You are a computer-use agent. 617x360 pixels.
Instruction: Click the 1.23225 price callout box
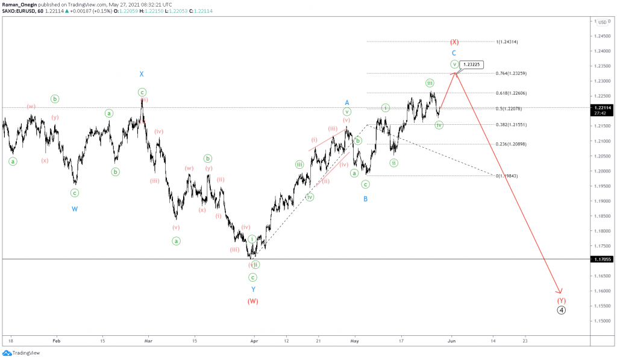tap(472, 64)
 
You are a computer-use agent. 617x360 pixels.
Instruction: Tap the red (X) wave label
tap(454, 42)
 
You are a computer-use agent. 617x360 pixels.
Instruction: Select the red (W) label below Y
tap(252, 301)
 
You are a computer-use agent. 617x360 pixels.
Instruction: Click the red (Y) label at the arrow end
tap(561, 300)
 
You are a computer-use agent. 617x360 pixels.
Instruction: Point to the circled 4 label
tap(561, 310)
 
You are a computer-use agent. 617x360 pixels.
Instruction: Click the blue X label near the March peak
tap(142, 74)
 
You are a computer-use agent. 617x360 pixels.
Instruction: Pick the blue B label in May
tap(365, 198)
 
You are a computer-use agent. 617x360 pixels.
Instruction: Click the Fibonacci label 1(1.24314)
tap(507, 42)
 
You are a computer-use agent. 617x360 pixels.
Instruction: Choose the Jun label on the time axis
tap(451, 340)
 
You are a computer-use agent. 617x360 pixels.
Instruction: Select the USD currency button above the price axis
tap(602, 22)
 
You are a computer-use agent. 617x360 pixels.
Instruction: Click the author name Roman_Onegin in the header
tap(19, 4)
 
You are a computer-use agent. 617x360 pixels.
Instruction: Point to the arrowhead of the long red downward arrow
tap(560, 292)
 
